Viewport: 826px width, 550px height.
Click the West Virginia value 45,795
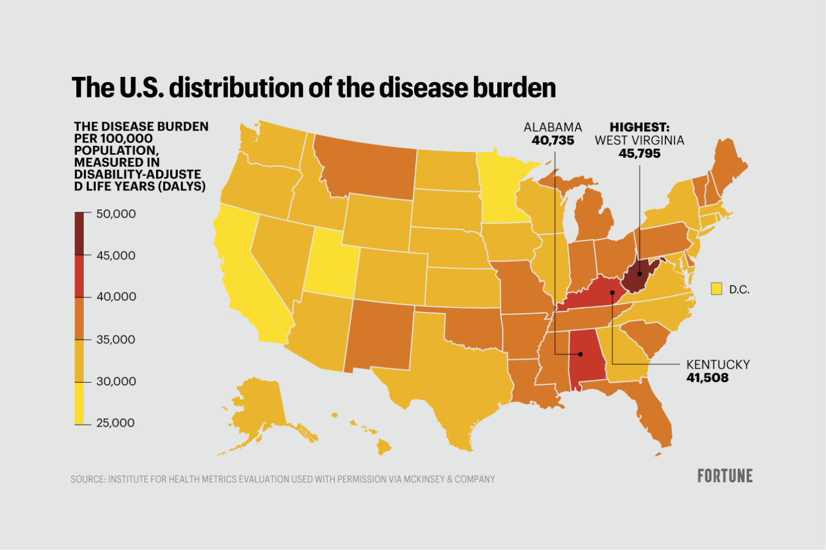pos(639,154)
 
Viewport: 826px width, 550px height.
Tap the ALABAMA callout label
pos(552,127)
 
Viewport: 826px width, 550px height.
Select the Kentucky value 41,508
pos(707,378)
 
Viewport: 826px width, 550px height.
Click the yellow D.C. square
pos(716,288)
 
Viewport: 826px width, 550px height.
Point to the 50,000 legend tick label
pos(116,214)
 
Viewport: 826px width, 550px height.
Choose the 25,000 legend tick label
pos(116,423)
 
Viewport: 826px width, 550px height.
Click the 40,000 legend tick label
pos(116,297)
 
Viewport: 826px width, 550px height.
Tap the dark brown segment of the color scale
pos(79,233)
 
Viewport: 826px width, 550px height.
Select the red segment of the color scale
pos(79,276)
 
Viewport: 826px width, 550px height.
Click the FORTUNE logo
pos(724,476)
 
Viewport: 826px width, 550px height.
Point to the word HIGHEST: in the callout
pos(639,127)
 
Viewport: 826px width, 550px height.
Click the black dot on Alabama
pos(580,354)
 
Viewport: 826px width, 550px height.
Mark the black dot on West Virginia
pos(640,274)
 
